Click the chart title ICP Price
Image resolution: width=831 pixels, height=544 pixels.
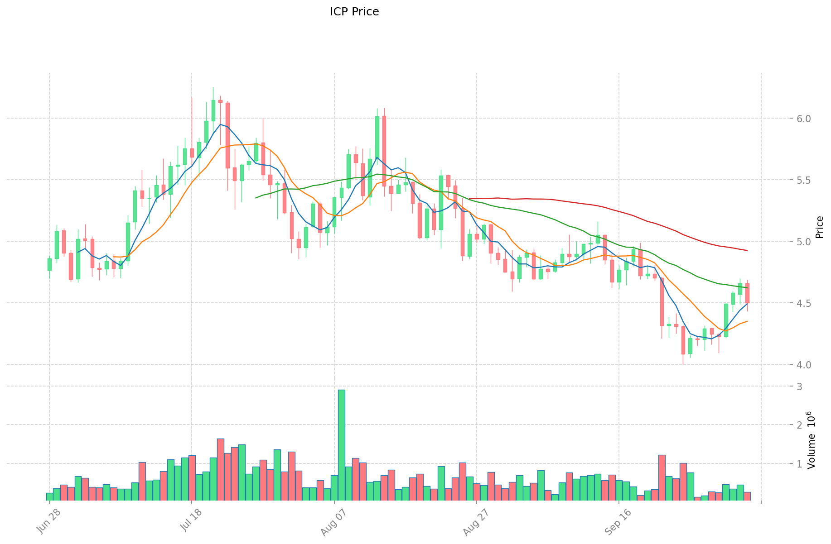(x=354, y=12)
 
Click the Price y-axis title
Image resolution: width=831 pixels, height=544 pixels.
(x=819, y=227)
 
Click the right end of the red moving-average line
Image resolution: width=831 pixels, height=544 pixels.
(x=747, y=250)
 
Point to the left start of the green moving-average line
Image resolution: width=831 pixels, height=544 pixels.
(x=256, y=197)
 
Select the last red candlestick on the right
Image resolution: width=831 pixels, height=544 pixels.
(x=747, y=293)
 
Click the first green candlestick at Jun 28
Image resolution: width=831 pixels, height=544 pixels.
(x=49, y=264)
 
